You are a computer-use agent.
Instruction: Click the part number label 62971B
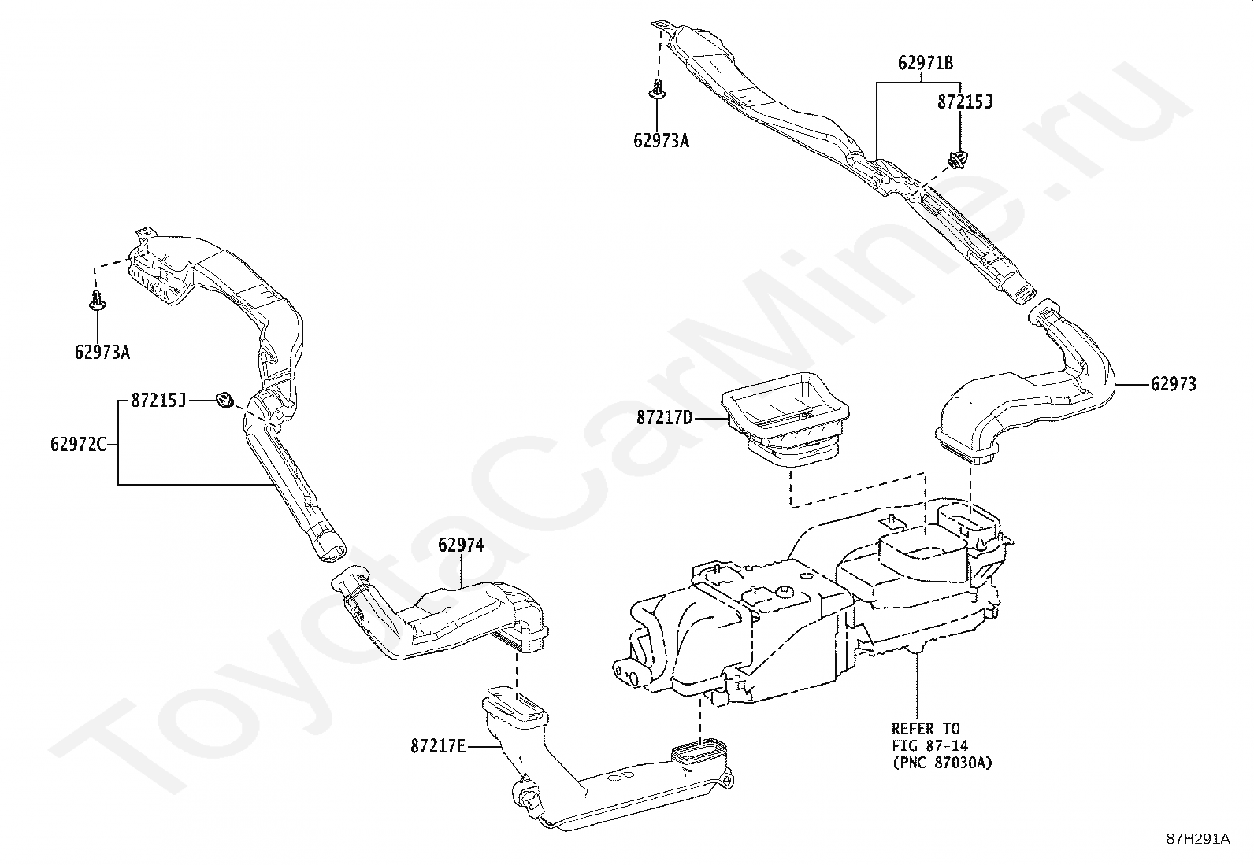926,63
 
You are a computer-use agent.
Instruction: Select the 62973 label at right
1173,384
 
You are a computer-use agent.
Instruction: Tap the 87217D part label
664,418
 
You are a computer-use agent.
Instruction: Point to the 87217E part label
438,745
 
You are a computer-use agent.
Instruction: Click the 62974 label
461,545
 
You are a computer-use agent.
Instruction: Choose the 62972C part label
77,445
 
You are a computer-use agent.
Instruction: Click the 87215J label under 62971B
964,102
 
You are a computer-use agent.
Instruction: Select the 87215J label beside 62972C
158,401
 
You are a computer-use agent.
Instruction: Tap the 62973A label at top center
661,141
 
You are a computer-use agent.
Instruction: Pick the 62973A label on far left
102,353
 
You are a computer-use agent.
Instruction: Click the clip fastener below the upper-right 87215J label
958,160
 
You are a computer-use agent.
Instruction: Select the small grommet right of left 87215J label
224,401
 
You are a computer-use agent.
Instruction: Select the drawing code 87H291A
1197,839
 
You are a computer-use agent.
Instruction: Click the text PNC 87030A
942,763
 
